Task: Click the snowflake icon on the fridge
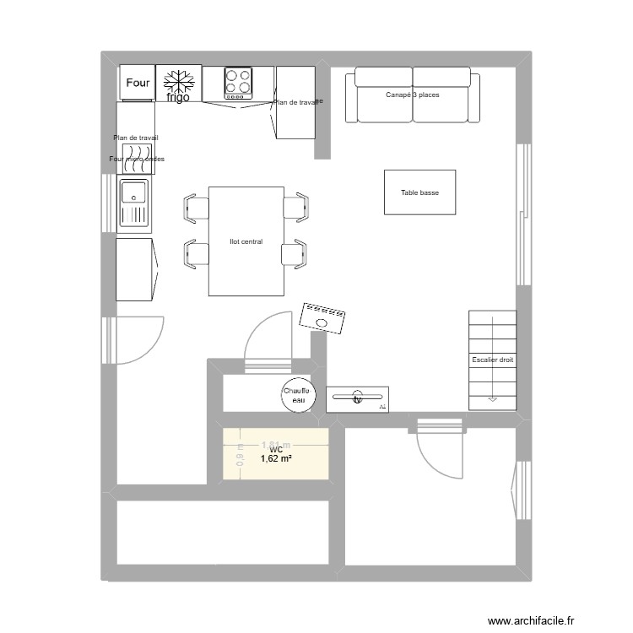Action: pyautogui.click(x=178, y=82)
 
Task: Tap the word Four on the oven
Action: pyautogui.click(x=138, y=83)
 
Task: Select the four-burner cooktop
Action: pyautogui.click(x=238, y=83)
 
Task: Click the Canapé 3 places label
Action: pyautogui.click(x=412, y=95)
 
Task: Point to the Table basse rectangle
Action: pyautogui.click(x=419, y=192)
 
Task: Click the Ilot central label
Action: pyautogui.click(x=246, y=241)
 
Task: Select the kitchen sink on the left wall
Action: pyautogui.click(x=135, y=204)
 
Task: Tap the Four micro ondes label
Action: pyautogui.click(x=137, y=159)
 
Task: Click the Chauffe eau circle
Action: pyautogui.click(x=297, y=395)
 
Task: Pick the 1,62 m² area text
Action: pyautogui.click(x=275, y=459)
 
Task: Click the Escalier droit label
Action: pyautogui.click(x=492, y=360)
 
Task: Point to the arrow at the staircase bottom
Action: pyautogui.click(x=492, y=398)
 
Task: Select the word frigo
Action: pyautogui.click(x=178, y=97)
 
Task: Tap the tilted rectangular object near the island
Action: pyautogui.click(x=322, y=318)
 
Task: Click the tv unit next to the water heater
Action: pyautogui.click(x=357, y=397)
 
